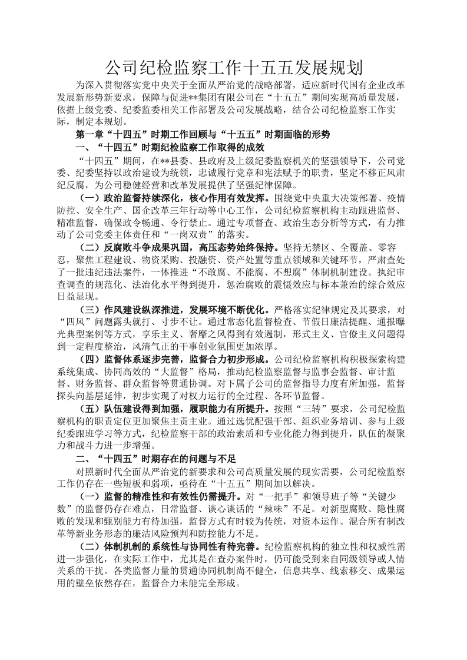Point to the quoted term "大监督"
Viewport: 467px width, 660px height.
pos(167,372)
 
